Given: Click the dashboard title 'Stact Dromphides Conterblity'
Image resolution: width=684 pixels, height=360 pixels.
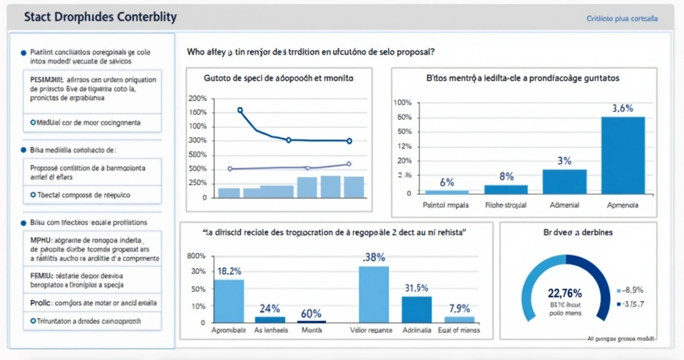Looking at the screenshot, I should click(x=100, y=17).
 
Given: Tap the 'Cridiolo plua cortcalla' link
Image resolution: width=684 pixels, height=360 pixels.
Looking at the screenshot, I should click(x=622, y=19).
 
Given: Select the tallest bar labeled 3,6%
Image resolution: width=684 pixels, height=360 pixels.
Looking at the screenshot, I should click(x=623, y=155).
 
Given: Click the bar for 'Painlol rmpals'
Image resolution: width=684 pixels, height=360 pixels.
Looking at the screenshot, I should click(x=447, y=191).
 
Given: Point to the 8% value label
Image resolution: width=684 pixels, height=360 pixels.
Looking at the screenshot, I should click(x=506, y=177).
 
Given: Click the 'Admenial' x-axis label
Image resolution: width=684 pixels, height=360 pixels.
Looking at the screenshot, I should click(x=564, y=205).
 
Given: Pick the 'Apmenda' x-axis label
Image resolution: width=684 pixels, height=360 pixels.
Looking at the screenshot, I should click(x=623, y=205).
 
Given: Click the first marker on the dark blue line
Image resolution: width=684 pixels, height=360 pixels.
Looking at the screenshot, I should click(x=240, y=110).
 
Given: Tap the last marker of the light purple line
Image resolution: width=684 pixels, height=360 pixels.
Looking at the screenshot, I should click(x=349, y=164).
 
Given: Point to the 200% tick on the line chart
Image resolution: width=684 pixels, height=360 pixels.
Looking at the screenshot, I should click(x=199, y=98).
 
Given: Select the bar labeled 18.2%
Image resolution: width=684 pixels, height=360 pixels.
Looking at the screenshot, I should click(x=229, y=301).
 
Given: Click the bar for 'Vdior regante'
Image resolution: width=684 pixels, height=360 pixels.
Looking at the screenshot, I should click(x=373, y=294).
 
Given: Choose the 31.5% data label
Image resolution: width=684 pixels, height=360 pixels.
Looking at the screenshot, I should click(x=417, y=288).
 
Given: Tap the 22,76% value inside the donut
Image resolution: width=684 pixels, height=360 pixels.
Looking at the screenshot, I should click(x=564, y=293).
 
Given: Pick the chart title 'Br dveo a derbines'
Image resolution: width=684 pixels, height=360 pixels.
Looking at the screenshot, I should click(x=578, y=232).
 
